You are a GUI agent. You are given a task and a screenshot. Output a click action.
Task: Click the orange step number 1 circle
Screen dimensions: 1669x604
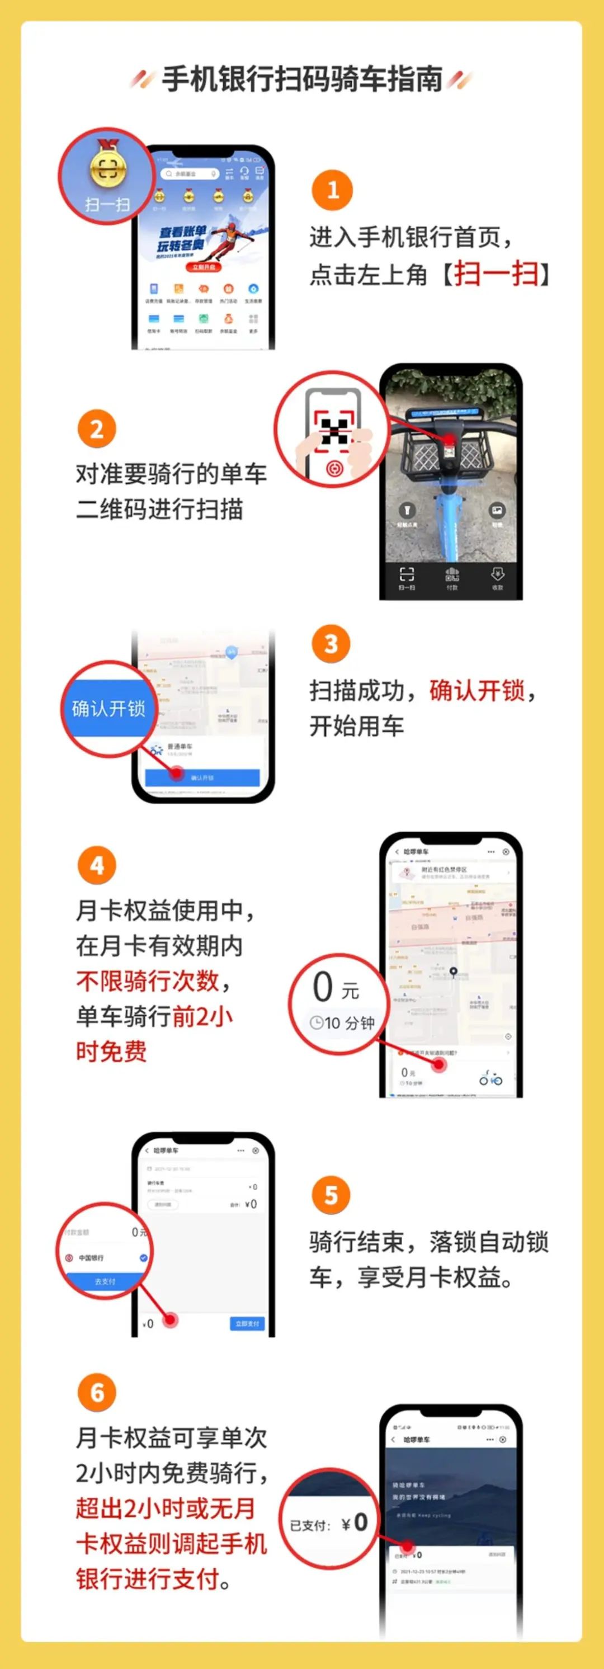(x=332, y=190)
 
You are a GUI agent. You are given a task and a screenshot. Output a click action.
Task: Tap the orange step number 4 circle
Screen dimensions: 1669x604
(x=97, y=866)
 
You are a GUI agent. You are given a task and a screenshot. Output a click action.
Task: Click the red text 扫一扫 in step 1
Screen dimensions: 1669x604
(x=497, y=274)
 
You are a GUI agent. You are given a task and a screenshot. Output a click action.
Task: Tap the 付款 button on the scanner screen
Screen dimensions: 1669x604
(x=452, y=578)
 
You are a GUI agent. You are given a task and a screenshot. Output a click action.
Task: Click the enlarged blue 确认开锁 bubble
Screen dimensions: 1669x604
(x=108, y=709)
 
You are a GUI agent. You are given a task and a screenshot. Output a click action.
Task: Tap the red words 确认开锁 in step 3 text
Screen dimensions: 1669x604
(x=477, y=691)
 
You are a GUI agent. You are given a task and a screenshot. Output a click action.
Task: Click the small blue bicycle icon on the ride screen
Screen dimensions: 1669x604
(x=490, y=1079)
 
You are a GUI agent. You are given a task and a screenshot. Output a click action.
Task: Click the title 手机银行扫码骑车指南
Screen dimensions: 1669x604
(x=301, y=79)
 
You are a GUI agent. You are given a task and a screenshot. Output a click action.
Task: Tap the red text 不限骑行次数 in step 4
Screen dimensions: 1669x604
(x=148, y=980)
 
